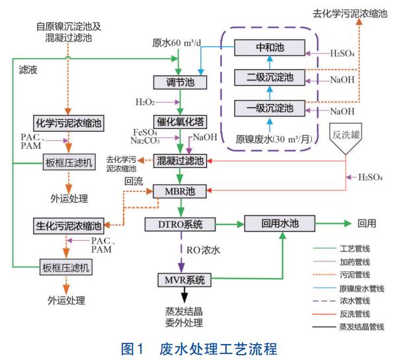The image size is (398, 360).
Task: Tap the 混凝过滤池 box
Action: [179, 160]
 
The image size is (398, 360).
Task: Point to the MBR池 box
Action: [179, 191]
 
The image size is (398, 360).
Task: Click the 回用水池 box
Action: [276, 224]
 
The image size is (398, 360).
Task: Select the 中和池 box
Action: [270, 48]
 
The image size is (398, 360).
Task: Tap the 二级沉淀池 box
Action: [270, 77]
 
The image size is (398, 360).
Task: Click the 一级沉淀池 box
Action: [270, 107]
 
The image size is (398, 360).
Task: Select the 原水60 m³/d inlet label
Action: [179, 42]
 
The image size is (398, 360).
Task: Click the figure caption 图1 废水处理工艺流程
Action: [198, 348]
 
